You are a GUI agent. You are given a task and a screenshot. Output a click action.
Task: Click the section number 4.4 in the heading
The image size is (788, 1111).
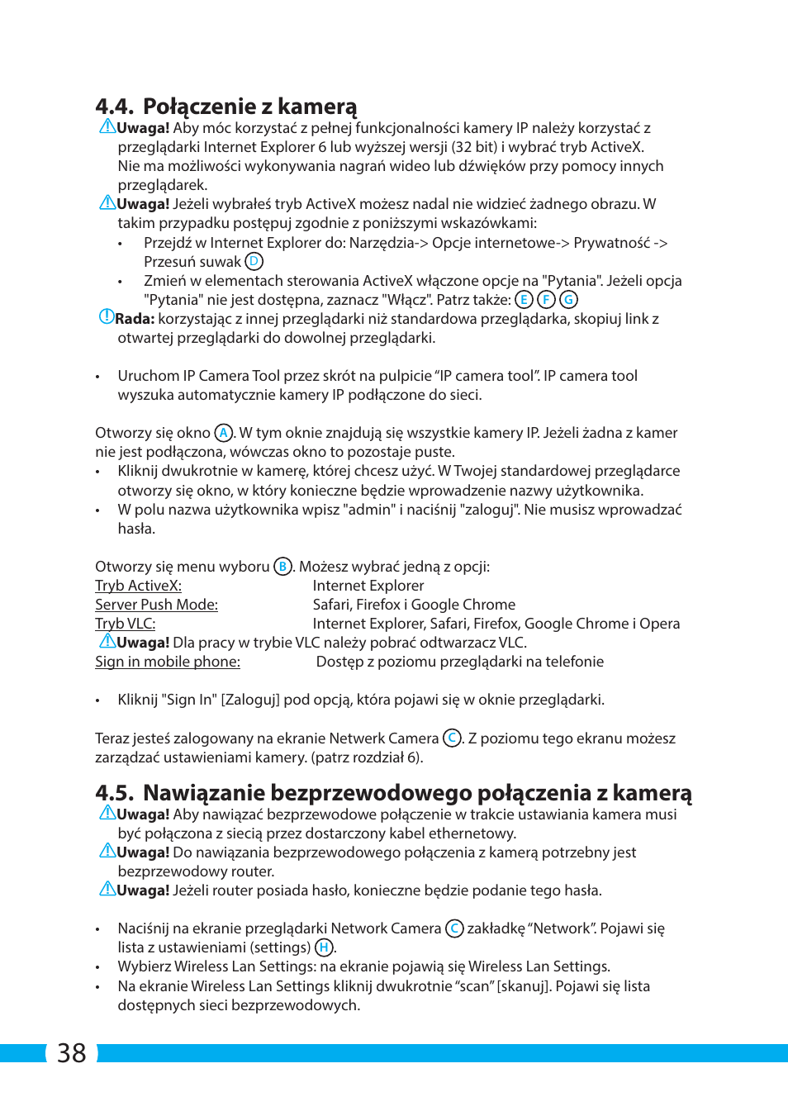(x=114, y=107)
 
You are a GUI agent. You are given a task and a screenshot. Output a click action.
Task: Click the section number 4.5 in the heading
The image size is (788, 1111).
(x=114, y=793)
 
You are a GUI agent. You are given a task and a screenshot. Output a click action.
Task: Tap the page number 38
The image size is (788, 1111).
(x=72, y=1053)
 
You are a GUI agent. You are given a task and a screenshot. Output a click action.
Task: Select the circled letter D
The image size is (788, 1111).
(x=254, y=262)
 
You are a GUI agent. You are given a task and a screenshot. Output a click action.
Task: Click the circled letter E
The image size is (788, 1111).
(x=524, y=300)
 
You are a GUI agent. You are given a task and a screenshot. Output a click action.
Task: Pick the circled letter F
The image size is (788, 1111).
(x=546, y=300)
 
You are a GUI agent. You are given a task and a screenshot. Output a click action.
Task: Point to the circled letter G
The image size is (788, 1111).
(x=568, y=300)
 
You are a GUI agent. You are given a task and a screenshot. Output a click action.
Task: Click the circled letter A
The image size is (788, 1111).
(x=223, y=433)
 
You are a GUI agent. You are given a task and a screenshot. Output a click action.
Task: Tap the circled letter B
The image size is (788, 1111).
(x=282, y=567)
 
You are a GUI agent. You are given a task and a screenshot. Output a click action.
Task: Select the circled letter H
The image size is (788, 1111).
(x=324, y=947)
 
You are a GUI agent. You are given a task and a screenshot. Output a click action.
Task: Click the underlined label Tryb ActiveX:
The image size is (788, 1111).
(x=138, y=586)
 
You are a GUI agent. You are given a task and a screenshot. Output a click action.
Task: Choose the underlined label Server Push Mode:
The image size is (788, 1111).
(x=156, y=605)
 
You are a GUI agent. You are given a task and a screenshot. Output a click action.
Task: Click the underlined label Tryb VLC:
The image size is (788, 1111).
(x=125, y=624)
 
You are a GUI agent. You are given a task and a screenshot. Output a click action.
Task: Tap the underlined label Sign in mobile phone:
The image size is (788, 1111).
(x=168, y=662)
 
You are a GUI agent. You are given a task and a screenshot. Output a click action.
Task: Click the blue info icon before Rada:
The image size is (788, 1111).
(x=106, y=316)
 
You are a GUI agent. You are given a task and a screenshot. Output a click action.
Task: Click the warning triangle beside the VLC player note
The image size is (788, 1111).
(x=107, y=641)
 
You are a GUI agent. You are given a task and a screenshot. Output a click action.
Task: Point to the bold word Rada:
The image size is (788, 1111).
(x=135, y=319)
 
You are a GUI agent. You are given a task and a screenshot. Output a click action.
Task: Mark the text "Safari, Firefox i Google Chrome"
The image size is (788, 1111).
(x=414, y=605)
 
